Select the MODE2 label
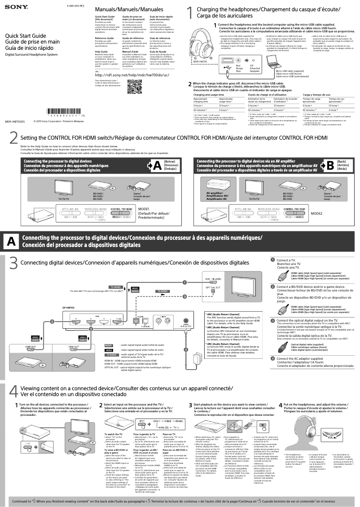(x=317, y=213)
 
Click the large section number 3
(x=14, y=263)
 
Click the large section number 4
(x=14, y=390)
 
